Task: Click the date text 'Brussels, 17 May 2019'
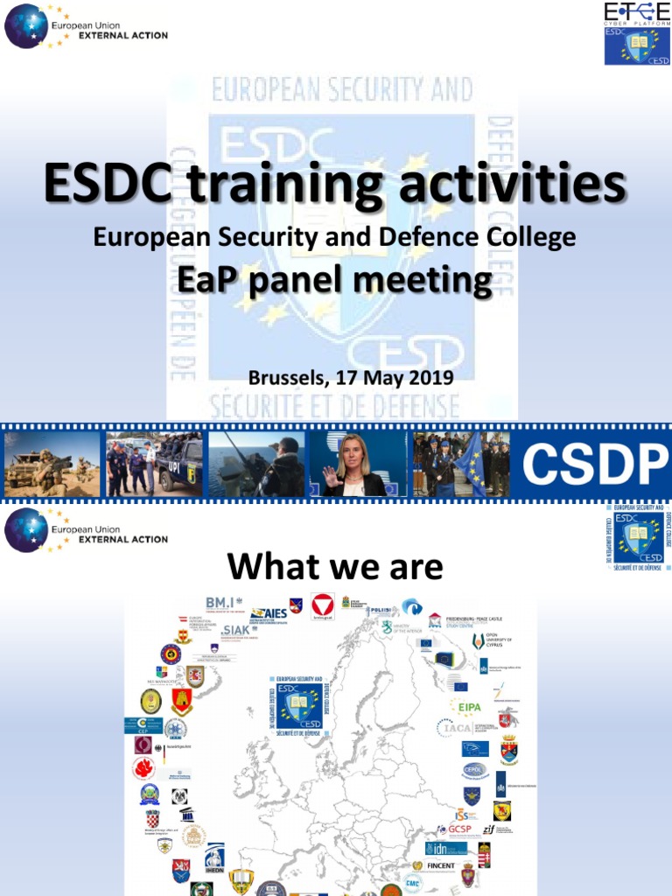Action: (x=350, y=378)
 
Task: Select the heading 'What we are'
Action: (x=335, y=567)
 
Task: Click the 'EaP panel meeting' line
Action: (x=335, y=281)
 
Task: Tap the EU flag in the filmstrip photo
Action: (x=472, y=464)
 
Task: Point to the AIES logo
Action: (x=269, y=613)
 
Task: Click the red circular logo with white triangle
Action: (x=323, y=605)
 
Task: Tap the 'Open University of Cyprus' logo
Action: (x=494, y=642)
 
